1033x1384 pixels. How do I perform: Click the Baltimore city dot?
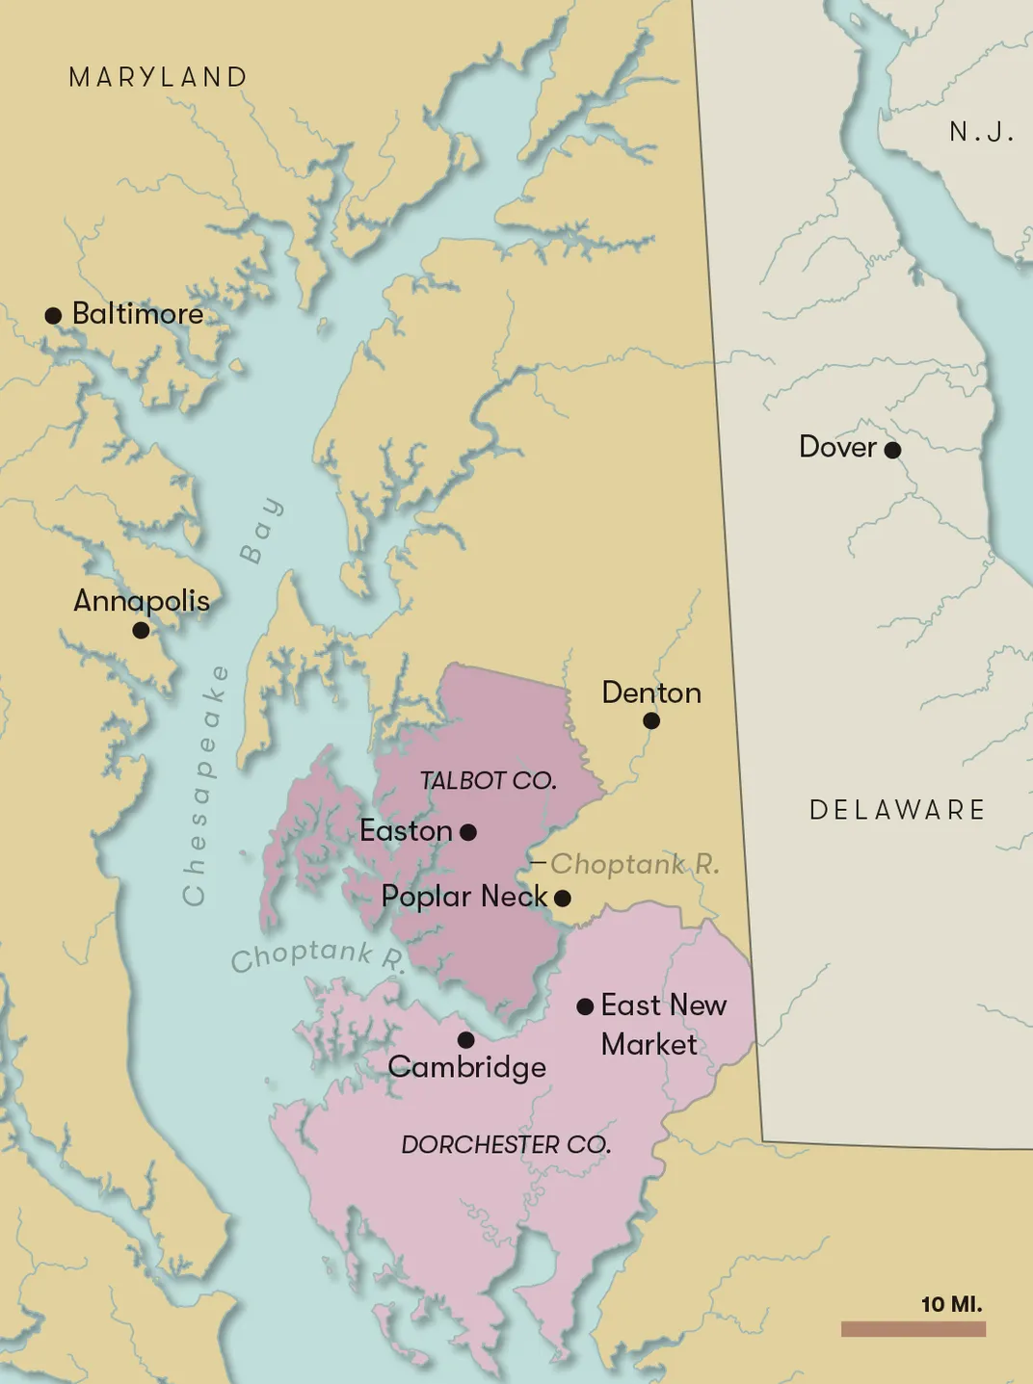coord(54,316)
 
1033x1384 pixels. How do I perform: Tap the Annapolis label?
coord(142,601)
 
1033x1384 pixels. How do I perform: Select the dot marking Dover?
coord(892,450)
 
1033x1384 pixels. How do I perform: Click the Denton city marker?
coord(651,720)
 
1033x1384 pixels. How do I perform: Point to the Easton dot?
coord(468,832)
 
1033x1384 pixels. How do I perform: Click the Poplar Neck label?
coord(464,897)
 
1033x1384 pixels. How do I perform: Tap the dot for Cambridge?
coord(465,1040)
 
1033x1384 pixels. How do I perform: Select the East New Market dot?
coord(585,1006)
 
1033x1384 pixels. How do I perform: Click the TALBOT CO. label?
coord(488,781)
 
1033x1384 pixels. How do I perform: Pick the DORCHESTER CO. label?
coord(506,1145)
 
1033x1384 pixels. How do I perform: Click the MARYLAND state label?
coord(159,77)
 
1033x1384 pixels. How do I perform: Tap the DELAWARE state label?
coord(897,810)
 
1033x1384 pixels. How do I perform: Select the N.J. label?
coord(981,132)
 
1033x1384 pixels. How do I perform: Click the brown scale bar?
coord(913,1329)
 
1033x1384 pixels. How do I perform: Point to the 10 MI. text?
coord(951,1304)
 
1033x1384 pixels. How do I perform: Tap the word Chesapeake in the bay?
coord(206,785)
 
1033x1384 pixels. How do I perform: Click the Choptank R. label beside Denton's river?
coord(634,864)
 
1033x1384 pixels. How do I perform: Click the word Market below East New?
coord(649,1044)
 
